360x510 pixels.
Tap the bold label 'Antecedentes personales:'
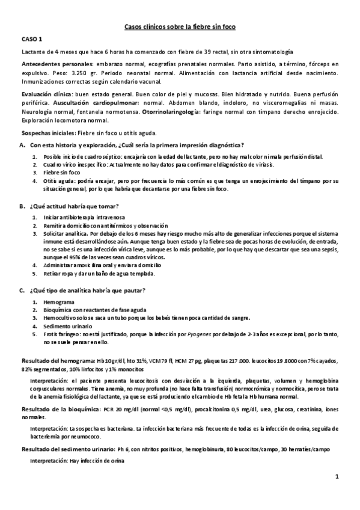click(x=56, y=63)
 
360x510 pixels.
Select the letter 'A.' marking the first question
click(x=23, y=146)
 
